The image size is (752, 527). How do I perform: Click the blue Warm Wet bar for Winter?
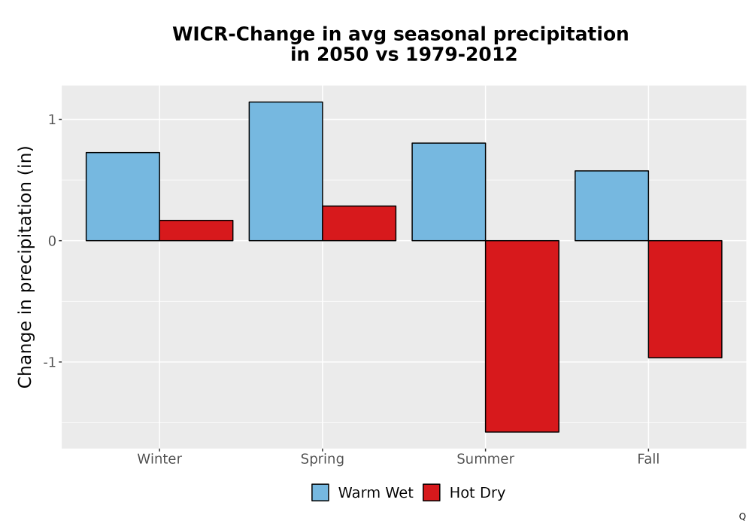123,196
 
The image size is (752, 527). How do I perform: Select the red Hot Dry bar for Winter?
196,230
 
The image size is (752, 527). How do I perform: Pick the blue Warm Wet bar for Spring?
286,172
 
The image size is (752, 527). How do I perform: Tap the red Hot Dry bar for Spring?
359,223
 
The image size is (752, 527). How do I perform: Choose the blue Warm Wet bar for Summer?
449,191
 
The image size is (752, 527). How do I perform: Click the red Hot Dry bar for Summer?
523,336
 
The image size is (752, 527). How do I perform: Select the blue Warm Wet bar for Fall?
612,206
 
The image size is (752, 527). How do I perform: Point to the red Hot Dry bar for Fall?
685,299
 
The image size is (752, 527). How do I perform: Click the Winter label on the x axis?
159,458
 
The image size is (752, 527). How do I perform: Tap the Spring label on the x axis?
323,459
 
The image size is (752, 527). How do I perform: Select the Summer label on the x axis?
485,458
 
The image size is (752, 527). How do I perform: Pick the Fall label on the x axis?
648,458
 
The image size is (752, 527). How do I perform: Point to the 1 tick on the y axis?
53,120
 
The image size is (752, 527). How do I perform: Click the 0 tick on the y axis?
53,241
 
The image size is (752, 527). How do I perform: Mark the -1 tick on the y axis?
50,362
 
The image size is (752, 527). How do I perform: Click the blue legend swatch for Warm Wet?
320,492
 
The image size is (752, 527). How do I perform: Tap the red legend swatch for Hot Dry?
432,492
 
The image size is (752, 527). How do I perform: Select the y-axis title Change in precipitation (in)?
25,267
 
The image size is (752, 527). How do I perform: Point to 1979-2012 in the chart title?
462,54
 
